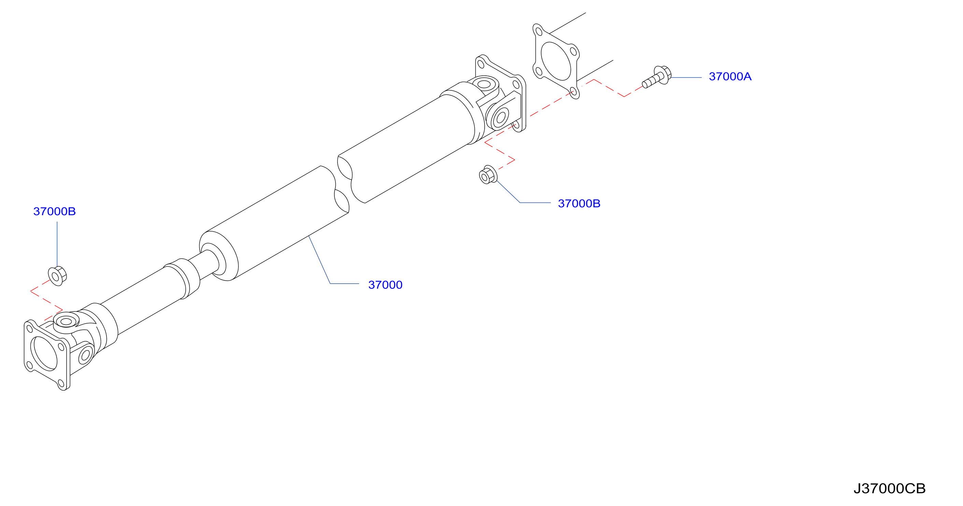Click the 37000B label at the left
click(55, 211)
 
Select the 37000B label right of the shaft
click(579, 204)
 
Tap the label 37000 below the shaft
click(385, 285)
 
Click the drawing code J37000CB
click(889, 489)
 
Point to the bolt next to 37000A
click(657, 77)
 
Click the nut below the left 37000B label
click(57, 276)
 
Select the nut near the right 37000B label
click(488, 175)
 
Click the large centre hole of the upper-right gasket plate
click(556, 61)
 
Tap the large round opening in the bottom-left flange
click(44, 354)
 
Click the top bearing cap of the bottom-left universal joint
click(66, 322)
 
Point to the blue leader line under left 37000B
click(57, 244)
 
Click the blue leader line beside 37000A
click(686, 78)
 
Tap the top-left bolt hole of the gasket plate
click(539, 31)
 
